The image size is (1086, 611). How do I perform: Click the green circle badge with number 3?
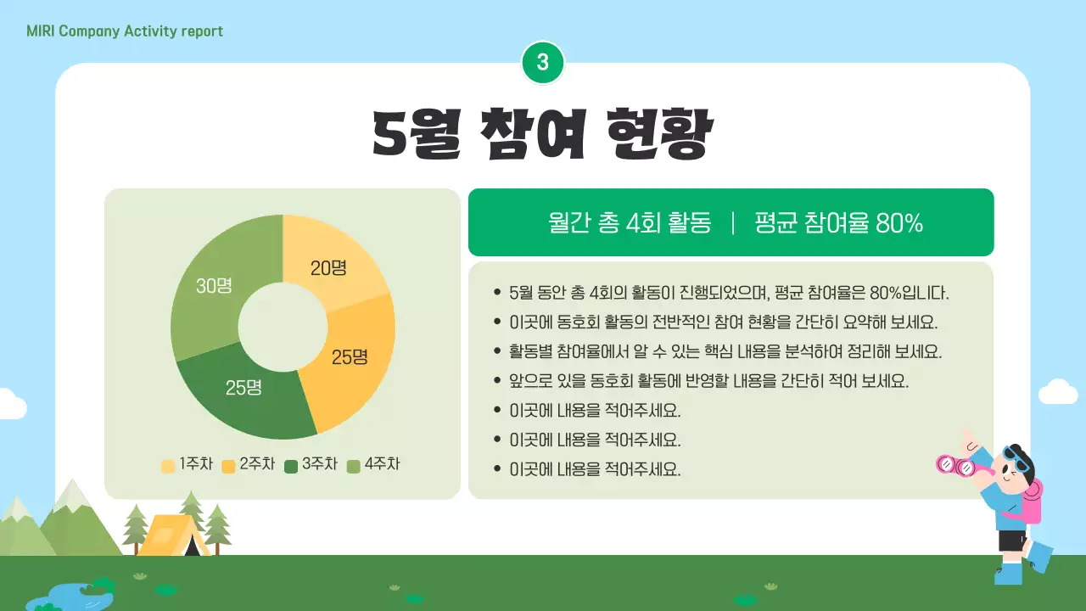[543, 62]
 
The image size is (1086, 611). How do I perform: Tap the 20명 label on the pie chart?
[328, 268]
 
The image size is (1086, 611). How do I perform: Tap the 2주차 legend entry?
[249, 465]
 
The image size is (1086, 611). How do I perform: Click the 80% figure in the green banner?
[898, 223]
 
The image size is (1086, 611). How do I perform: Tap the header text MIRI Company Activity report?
[125, 31]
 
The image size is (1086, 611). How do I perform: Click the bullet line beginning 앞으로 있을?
[708, 381]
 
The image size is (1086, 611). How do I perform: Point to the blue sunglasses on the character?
[1017, 460]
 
